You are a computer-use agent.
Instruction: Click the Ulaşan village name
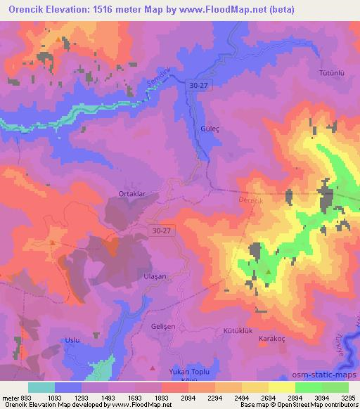pyautogui.click(x=155, y=277)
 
